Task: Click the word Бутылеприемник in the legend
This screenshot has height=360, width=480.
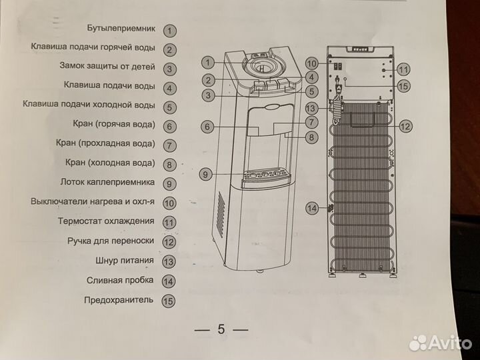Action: (x=121, y=29)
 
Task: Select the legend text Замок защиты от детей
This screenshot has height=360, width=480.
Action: (x=107, y=67)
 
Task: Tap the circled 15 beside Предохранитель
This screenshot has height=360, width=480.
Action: (x=169, y=301)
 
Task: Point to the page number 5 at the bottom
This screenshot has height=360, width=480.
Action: (x=221, y=329)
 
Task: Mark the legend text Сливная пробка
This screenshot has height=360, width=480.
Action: (x=120, y=281)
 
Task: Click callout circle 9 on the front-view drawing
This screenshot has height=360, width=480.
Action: (x=206, y=175)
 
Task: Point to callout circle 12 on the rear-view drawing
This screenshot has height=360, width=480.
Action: (x=405, y=125)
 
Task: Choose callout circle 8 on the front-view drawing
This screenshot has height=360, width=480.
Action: (x=311, y=137)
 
